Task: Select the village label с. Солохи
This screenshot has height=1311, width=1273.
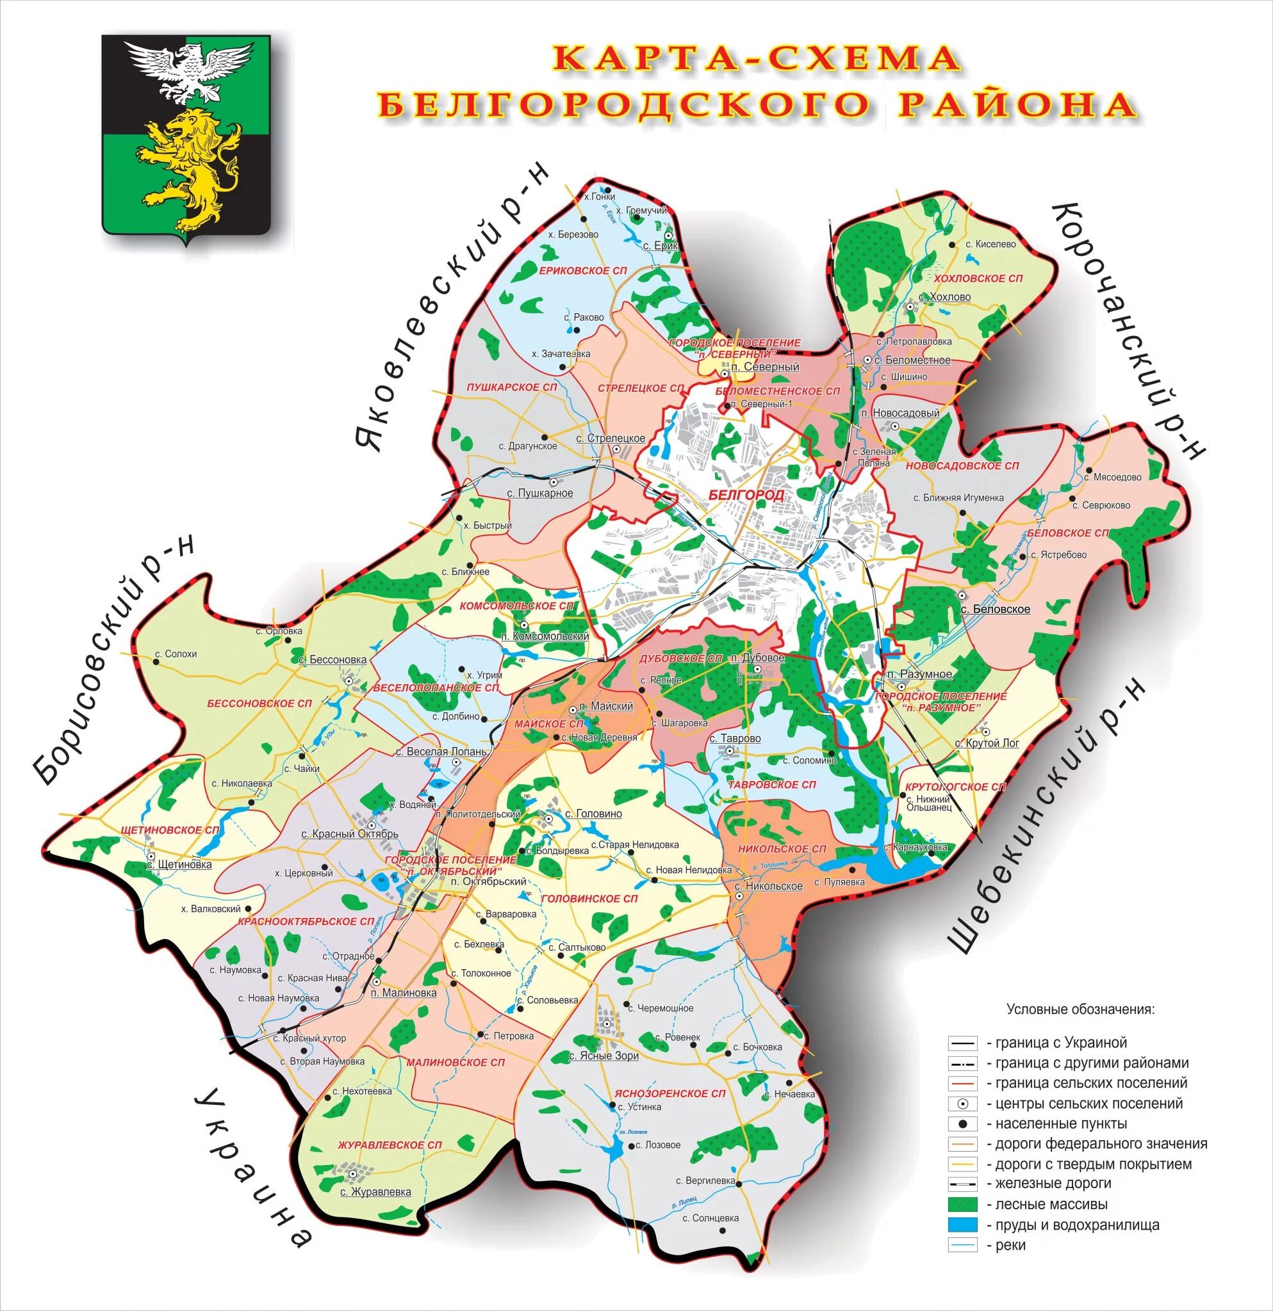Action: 176,654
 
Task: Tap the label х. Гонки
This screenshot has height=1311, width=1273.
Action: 599,197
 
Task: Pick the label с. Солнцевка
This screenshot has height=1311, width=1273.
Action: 710,1218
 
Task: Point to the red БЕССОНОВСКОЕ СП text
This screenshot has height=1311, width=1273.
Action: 259,704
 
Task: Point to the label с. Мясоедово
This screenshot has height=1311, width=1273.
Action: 1112,478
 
